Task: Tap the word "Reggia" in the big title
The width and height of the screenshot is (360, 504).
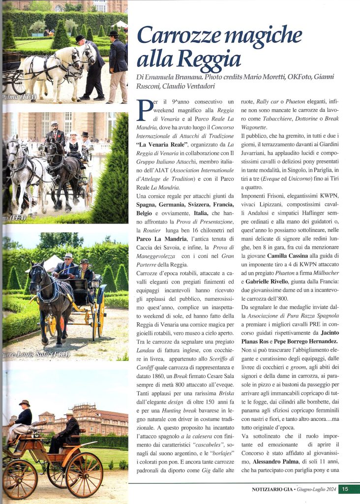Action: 210,59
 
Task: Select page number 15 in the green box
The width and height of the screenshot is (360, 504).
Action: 345,489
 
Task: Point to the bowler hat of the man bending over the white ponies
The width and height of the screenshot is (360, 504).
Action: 80,38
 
